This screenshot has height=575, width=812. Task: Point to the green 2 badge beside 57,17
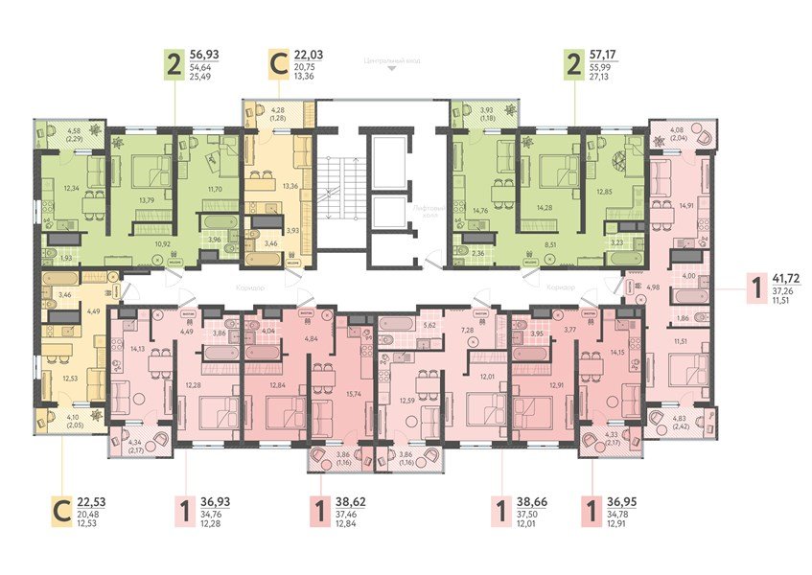pos(573,66)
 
